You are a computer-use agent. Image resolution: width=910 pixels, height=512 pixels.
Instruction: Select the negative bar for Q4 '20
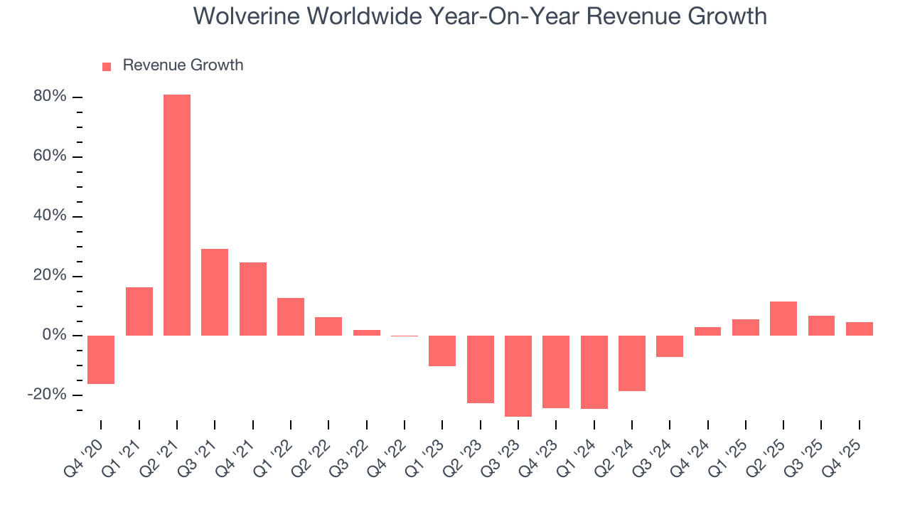pyautogui.click(x=101, y=359)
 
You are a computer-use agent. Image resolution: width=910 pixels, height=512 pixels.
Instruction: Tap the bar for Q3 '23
pyautogui.click(x=518, y=375)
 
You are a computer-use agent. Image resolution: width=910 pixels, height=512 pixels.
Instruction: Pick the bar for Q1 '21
pyautogui.click(x=139, y=311)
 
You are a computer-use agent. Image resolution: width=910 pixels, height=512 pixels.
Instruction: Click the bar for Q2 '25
pyautogui.click(x=783, y=318)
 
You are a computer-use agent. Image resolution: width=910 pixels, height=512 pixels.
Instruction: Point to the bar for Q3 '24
pyautogui.click(x=670, y=346)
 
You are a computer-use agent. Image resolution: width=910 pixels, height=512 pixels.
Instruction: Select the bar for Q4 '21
pyautogui.click(x=253, y=299)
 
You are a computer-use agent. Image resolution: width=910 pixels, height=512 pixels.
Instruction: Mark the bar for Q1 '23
pyautogui.click(x=442, y=351)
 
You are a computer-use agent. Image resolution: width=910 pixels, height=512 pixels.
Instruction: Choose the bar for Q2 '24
pyautogui.click(x=632, y=363)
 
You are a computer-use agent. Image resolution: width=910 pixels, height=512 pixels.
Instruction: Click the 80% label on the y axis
pyautogui.click(x=50, y=97)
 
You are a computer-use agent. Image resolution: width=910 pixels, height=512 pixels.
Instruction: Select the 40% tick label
pyautogui.click(x=50, y=216)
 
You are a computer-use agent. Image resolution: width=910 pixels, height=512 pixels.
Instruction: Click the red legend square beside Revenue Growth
pyautogui.click(x=107, y=66)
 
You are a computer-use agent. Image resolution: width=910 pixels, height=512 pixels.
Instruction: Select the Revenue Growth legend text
pyautogui.click(x=183, y=65)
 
